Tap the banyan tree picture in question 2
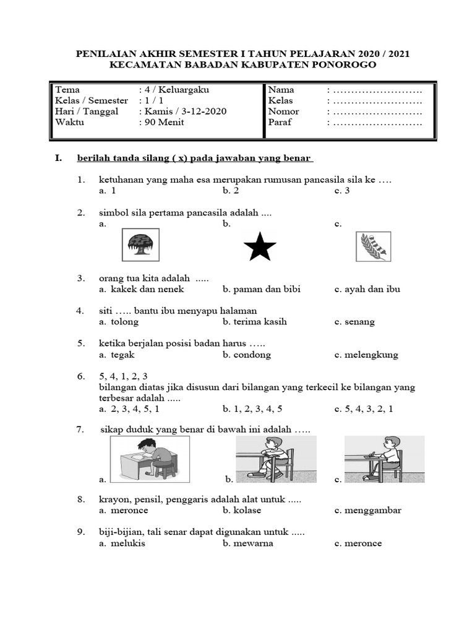click(x=142, y=245)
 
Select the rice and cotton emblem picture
click(x=374, y=246)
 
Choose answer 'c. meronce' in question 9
click(x=358, y=543)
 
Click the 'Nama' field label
click(x=281, y=90)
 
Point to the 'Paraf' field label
click(x=280, y=122)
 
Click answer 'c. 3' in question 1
click(x=342, y=191)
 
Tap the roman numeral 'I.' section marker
click(x=58, y=158)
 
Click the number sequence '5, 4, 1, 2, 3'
click(x=123, y=376)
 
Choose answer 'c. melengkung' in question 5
click(x=366, y=355)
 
